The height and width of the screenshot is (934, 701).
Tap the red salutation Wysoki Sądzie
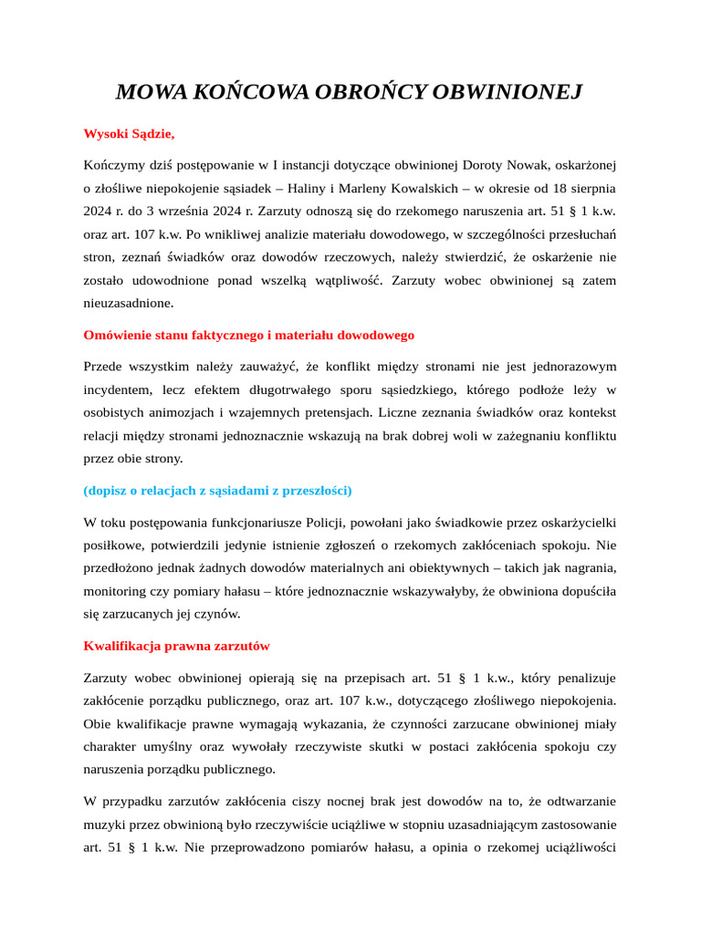(129, 134)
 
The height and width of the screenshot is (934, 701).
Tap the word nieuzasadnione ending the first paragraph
(128, 303)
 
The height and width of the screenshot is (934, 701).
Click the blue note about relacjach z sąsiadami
(217, 491)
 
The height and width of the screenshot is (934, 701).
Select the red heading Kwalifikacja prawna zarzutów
(176, 646)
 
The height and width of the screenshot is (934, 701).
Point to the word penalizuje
(583, 679)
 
